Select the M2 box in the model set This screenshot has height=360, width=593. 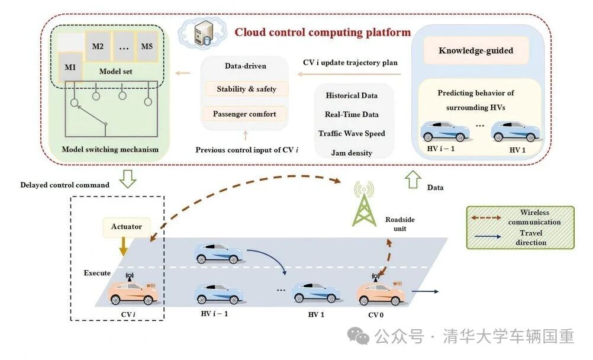point(99,46)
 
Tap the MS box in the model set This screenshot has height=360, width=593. point(146,46)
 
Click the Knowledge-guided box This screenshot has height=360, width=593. point(476,51)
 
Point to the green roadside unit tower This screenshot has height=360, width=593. point(363,205)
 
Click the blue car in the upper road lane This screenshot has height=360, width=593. point(219,253)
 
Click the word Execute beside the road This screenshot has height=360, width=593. point(97,274)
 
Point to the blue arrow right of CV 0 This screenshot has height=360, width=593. point(425,291)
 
